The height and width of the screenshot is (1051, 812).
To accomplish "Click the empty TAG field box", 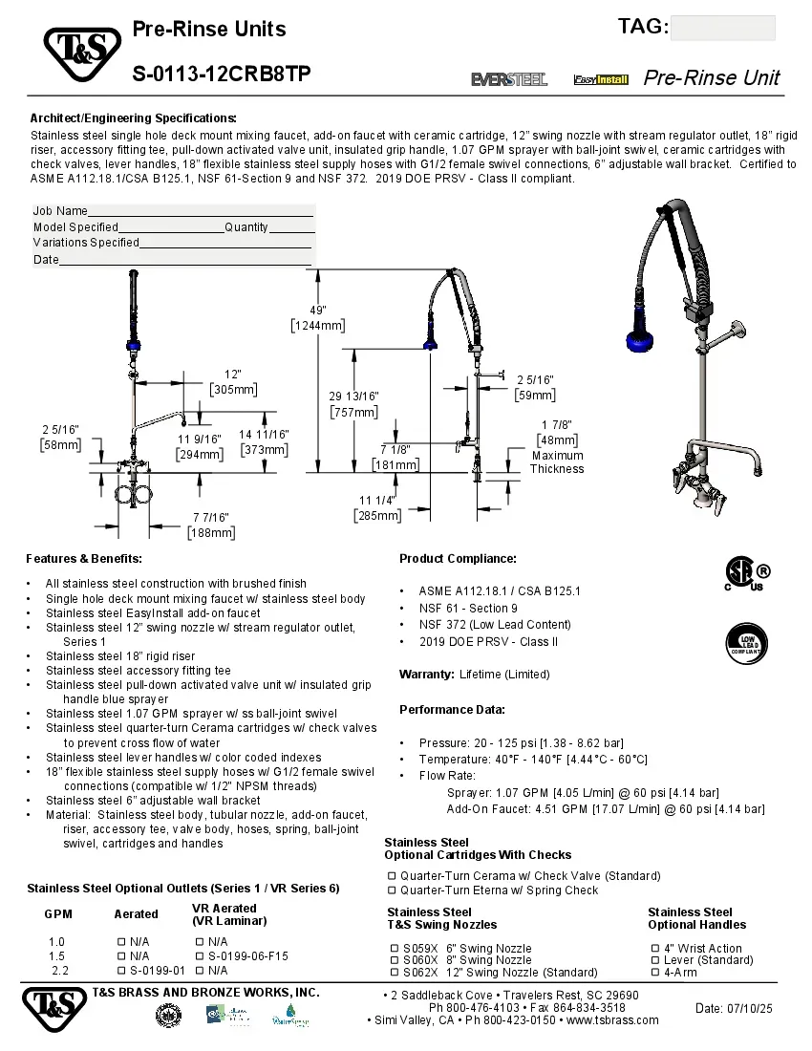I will click(x=722, y=29).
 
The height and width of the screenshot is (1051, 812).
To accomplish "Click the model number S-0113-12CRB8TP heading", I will click(x=221, y=75).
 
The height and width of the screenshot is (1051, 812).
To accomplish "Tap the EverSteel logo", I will click(x=509, y=79).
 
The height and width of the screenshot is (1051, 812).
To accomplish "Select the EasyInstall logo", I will click(x=601, y=79).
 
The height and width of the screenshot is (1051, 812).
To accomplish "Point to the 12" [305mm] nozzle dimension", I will click(x=233, y=381).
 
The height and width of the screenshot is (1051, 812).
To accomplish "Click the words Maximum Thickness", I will click(x=557, y=462).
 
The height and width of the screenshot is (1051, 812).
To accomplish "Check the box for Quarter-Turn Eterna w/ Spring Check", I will click(x=392, y=890).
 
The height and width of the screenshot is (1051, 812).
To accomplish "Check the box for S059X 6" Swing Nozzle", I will click(x=395, y=949).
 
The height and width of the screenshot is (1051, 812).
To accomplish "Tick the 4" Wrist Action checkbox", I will click(x=655, y=949).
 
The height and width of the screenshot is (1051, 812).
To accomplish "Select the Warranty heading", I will click(x=426, y=675).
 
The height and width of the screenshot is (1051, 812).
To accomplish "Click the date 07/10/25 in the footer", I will click(x=734, y=1009).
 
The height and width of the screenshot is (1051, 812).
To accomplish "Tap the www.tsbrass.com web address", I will click(x=612, y=1020).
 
